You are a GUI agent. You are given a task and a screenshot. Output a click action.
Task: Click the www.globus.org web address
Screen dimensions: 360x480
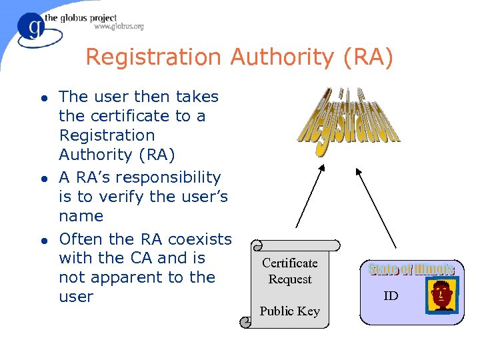tap(119, 27)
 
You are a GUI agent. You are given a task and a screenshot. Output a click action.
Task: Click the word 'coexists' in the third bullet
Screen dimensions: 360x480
tap(199, 239)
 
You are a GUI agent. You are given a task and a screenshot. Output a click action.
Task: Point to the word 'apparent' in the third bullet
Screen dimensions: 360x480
tap(133, 277)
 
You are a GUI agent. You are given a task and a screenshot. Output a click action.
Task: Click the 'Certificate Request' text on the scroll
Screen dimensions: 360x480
tap(290, 271)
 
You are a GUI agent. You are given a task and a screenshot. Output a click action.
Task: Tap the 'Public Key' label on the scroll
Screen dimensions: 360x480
tap(290, 311)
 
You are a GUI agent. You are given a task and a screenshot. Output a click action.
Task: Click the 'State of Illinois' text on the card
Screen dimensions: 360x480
tap(411, 269)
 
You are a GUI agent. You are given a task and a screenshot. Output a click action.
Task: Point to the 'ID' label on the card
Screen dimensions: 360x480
tap(391, 295)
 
